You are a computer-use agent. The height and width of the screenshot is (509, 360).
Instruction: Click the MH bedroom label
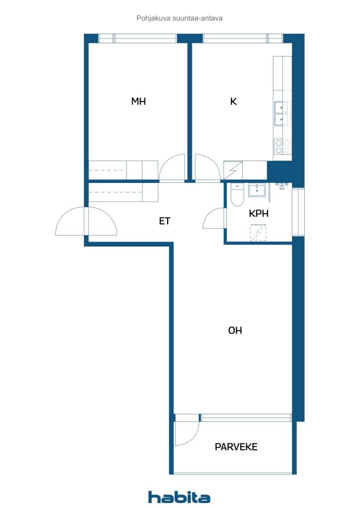pos(138,101)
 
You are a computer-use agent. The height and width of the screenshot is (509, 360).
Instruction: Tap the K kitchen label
pos(233,101)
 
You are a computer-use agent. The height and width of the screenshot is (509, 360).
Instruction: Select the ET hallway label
pos(164,221)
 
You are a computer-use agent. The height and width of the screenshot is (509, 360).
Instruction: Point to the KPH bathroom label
pos(259,213)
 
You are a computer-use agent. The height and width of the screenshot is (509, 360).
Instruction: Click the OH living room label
pos(235,331)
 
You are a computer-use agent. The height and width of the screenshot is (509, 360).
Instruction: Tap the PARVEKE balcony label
pos(236,447)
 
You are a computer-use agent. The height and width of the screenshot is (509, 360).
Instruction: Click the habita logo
pos(179,497)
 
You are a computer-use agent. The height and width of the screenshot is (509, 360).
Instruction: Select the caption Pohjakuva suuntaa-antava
pos(180,18)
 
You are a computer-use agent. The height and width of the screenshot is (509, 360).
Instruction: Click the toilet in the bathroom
pos(237,195)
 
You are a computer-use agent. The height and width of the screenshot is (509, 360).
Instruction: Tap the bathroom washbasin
pos(257,190)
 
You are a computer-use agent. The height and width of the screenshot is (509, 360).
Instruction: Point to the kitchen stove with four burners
pos(282,147)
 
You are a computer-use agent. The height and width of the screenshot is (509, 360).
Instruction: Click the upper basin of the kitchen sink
pos(282,107)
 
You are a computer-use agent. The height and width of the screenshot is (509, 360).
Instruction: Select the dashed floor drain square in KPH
pos(258,233)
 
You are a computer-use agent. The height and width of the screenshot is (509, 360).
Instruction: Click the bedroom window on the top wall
pos(138,39)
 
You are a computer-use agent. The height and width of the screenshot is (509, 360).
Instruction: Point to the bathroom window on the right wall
pos(298,212)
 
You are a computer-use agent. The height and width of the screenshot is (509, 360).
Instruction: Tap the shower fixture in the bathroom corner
pos(281,186)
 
